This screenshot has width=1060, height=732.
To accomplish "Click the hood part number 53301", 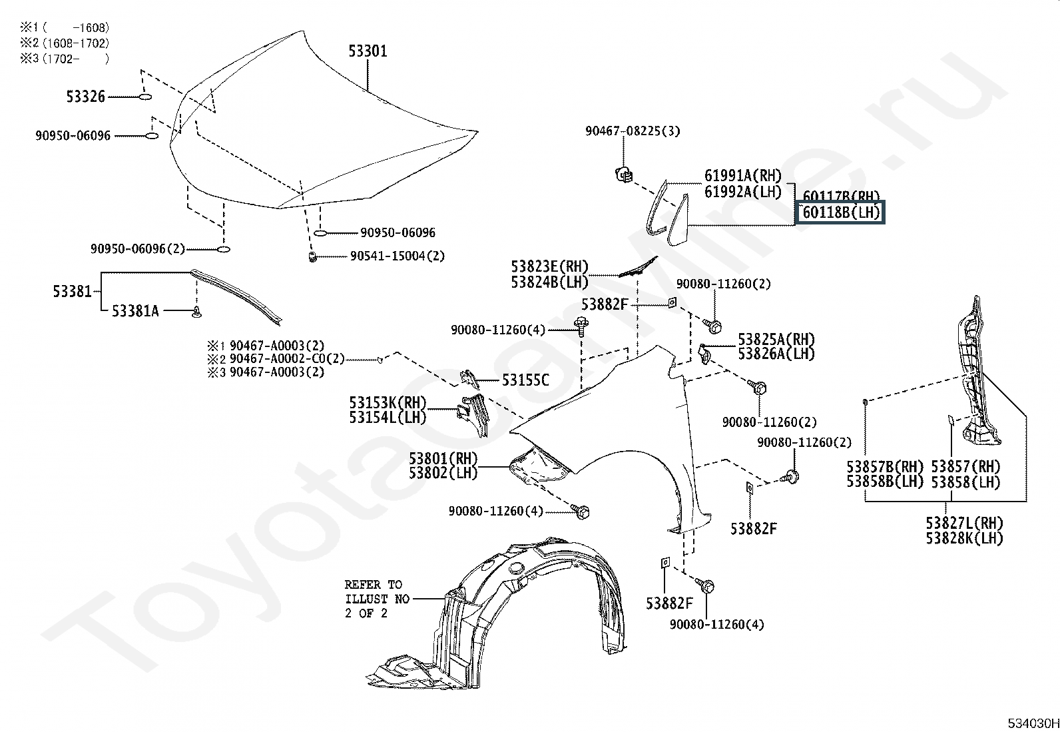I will coord(368,51).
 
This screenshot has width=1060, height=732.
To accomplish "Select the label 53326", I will coord(86,97).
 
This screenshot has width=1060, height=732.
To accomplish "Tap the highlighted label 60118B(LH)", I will coord(842,213).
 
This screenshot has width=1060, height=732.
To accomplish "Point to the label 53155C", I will coord(525,380).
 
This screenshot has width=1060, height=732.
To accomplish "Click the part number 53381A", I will coord(135,311).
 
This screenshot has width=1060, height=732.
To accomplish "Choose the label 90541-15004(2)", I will coord(397,256).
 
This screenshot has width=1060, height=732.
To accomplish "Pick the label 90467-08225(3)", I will coord(633,131).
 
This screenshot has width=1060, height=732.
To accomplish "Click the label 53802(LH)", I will coord(443,474).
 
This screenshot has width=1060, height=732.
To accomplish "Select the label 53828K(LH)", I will coord(964,538).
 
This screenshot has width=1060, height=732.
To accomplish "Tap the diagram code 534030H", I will coord(1032,723).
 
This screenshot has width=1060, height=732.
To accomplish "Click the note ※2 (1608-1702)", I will coord(64,43).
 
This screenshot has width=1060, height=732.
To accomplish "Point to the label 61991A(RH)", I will coord(743,176).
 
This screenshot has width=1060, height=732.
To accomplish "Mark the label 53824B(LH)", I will coord(550,282).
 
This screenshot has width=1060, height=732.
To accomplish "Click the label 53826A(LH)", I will coord(776,354).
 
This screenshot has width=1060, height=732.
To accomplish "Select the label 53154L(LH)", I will coord(388,418).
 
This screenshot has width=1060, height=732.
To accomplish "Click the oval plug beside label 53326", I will coord(145,97).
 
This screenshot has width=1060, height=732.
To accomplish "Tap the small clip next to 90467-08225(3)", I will coord(624,175).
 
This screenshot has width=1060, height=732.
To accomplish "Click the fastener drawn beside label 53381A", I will coord(196,312).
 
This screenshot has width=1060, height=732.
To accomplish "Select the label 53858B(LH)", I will coord(885,482).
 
